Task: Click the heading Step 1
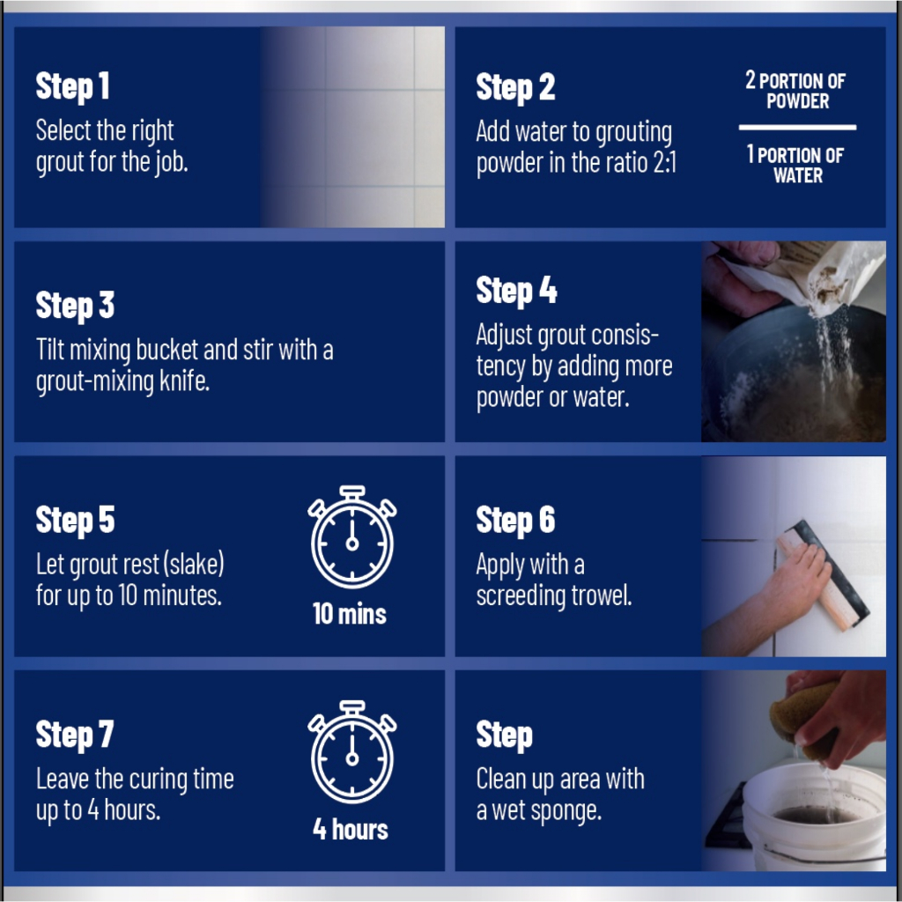click(72, 87)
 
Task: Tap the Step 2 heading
click(515, 88)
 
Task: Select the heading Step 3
click(75, 306)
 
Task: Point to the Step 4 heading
click(516, 291)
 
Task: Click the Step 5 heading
click(76, 520)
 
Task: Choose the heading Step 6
click(515, 520)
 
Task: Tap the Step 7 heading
click(75, 736)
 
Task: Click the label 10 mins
click(350, 614)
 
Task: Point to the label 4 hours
click(351, 829)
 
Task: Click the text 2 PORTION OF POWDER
click(795, 91)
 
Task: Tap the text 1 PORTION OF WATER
click(795, 164)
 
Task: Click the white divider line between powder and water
click(797, 127)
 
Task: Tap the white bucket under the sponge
click(813, 817)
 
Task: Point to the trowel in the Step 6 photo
click(824, 575)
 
